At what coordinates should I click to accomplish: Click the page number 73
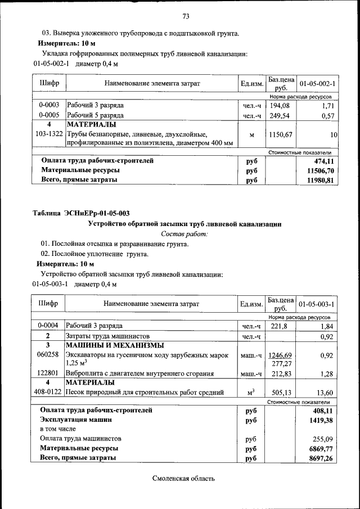coord(186,16)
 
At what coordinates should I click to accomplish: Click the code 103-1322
coord(49,135)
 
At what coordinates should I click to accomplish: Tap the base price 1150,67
coord(281,135)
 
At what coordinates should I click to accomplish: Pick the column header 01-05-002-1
coord(317,84)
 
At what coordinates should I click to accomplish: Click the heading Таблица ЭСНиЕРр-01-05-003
coord(81,213)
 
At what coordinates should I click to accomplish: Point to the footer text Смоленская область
coord(183,479)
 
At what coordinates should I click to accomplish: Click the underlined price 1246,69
coord(281,355)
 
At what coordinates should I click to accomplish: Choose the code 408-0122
coord(49,393)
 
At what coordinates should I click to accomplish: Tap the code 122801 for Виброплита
coord(48,373)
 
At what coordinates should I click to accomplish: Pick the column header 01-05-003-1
coord(317,304)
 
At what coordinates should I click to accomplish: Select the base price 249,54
coord(281,116)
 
